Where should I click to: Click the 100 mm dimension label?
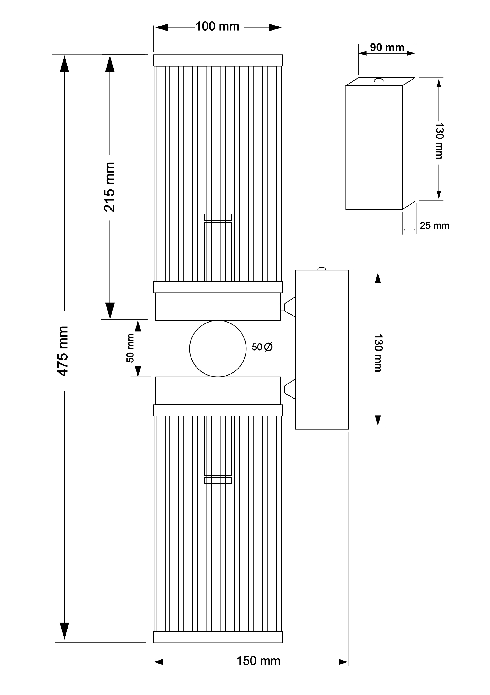coord(217,27)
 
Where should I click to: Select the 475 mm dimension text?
coord(63,351)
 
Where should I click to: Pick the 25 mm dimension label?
coord(434,226)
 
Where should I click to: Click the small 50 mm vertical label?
coord(130,348)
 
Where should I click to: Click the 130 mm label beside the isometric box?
coord(439,141)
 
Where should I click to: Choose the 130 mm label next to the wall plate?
coord(378,353)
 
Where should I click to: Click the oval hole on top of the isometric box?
coord(378,80)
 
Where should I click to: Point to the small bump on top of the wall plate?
coord(321,268)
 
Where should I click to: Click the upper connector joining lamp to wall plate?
coord(288,307)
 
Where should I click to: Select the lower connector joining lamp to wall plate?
coord(288,389)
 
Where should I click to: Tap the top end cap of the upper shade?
coord(218,60)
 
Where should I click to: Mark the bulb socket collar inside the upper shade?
coord(218,218)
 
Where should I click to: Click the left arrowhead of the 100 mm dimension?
coord(161,27)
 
